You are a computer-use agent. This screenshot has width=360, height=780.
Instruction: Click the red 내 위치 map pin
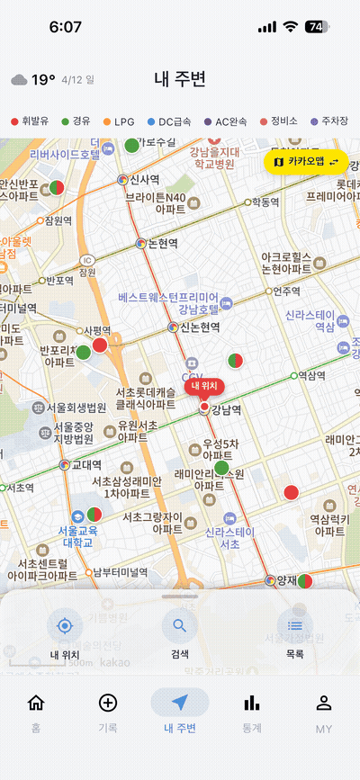pyautogui.click(x=205, y=388)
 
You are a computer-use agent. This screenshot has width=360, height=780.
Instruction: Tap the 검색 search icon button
pyautogui.click(x=179, y=626)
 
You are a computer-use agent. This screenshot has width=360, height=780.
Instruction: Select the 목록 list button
pyautogui.click(x=294, y=626)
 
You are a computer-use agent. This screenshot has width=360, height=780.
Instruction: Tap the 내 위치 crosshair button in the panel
pyautogui.click(x=64, y=626)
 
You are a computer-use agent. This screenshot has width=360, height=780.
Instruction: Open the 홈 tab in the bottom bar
pyautogui.click(x=36, y=710)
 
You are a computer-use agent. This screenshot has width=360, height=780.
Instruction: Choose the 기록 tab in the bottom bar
pyautogui.click(x=108, y=710)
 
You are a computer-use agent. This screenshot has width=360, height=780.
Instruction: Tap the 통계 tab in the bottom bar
pyautogui.click(x=252, y=710)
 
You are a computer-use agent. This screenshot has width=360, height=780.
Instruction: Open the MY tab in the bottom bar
pyautogui.click(x=324, y=710)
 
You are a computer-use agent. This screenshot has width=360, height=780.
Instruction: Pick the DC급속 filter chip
pyautogui.click(x=169, y=121)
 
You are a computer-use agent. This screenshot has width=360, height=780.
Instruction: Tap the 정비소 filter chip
pyautogui.click(x=280, y=121)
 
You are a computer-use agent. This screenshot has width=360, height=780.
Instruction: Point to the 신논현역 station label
pyautogui.click(x=199, y=327)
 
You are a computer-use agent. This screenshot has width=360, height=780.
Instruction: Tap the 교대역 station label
pyautogui.click(x=86, y=465)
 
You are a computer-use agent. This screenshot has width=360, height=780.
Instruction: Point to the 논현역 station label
pyautogui.click(x=163, y=243)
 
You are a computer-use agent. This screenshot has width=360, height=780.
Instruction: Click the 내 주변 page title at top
pyautogui.click(x=180, y=79)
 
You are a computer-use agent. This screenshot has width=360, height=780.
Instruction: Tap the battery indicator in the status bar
pyautogui.click(x=318, y=27)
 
